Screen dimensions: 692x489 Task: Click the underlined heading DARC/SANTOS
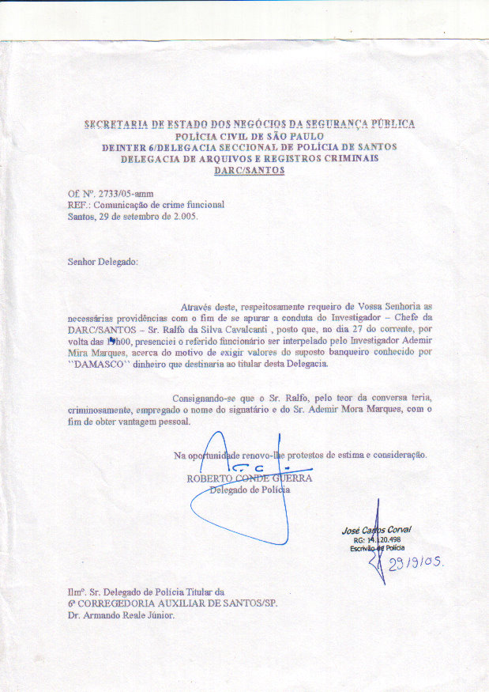pos(249,170)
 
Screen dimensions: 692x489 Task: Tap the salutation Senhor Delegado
pos(103,260)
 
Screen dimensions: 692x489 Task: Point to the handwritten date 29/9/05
pos(416,563)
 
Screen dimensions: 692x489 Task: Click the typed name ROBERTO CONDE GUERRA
pos(249,478)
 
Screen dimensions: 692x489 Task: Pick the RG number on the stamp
pos(375,539)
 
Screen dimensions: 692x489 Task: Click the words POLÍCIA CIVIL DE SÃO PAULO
pos(250,135)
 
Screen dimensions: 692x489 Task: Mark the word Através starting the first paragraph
pos(198,305)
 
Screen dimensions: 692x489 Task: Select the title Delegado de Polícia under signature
pos(250,490)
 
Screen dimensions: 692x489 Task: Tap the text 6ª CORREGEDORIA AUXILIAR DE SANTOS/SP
pos(172,603)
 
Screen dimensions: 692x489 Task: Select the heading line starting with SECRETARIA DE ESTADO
pos(249,124)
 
